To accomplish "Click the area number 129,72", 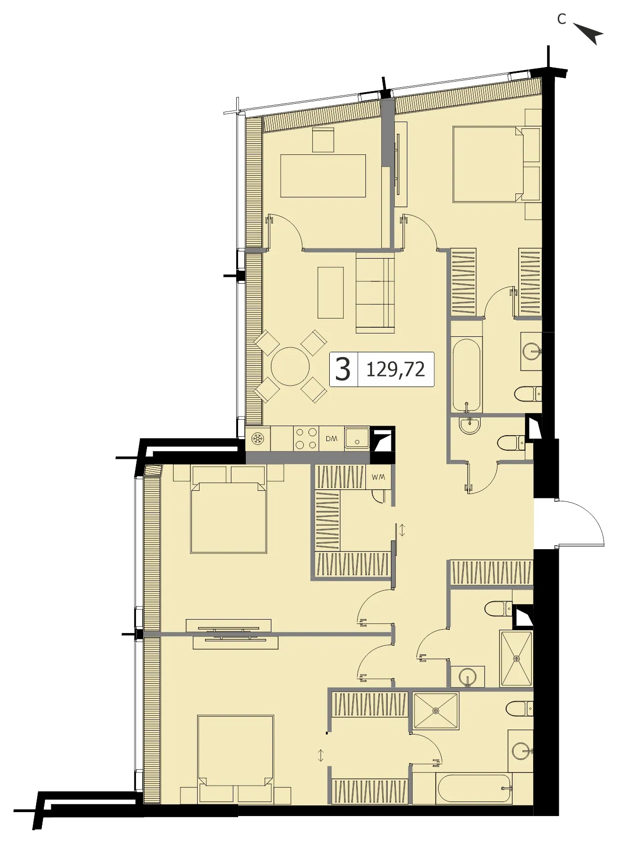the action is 396,370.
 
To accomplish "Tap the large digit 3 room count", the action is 343,370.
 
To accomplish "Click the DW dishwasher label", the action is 332,439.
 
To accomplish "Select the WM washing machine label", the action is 378,477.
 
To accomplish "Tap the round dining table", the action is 290,366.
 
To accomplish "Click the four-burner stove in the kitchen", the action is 306,439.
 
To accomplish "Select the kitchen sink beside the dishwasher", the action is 357,439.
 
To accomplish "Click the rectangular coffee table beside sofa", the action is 331,292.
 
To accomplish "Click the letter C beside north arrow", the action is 562,19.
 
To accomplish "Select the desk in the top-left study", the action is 323,176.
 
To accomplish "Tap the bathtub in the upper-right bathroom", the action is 467,375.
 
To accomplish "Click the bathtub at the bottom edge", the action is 473,789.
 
